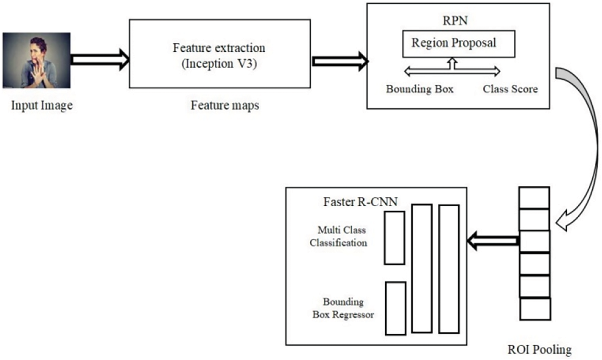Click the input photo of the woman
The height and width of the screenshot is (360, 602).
click(37, 60)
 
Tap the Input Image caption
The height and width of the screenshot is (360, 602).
click(42, 105)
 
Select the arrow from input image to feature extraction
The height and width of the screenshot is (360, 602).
click(100, 60)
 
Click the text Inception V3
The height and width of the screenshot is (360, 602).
click(219, 64)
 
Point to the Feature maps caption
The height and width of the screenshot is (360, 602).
click(225, 105)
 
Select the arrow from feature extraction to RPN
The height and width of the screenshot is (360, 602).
click(340, 61)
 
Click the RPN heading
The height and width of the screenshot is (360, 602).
click(455, 20)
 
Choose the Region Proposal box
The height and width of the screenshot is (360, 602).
click(458, 43)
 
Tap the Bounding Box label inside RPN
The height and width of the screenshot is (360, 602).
click(419, 89)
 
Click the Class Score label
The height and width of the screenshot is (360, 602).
click(510, 89)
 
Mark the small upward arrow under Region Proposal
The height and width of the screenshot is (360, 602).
click(452, 63)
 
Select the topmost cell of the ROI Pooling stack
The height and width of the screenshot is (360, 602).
click(534, 197)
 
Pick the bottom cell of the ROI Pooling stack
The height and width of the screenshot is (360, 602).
click(535, 309)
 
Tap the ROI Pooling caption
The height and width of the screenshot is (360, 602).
click(539, 350)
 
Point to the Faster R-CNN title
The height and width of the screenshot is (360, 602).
click(360, 201)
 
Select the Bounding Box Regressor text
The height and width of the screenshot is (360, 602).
click(343, 308)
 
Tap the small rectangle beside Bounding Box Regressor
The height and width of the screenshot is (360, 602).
click(395, 308)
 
